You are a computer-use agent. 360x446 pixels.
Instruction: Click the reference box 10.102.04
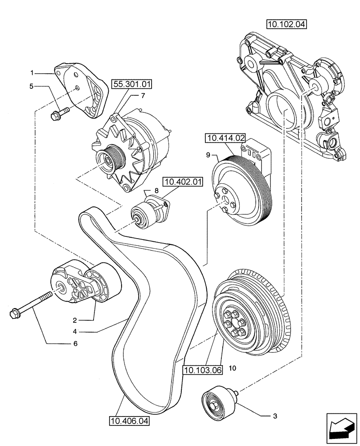click(287, 24)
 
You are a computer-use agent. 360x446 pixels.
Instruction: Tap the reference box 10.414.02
click(226, 138)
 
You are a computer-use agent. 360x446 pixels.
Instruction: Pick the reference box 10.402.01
click(183, 182)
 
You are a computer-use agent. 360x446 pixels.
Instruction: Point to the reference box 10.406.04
click(129, 420)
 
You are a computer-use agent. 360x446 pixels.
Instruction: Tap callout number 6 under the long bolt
click(75, 343)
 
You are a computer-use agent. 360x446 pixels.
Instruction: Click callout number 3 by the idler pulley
click(275, 416)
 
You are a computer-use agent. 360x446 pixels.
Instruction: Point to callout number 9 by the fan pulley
click(208, 156)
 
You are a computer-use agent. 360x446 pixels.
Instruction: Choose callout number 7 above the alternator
click(143, 95)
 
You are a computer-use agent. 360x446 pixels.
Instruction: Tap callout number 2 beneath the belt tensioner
click(76, 320)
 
